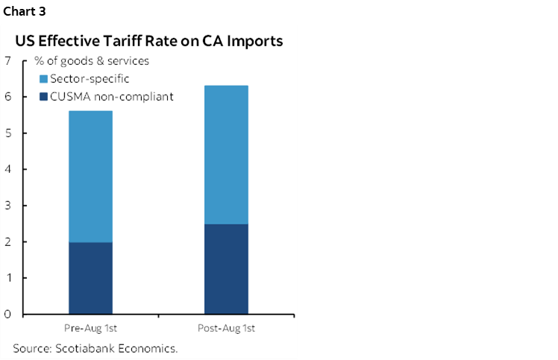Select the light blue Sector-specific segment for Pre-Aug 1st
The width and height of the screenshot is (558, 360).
coord(90,177)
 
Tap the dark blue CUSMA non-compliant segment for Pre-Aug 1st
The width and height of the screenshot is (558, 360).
coord(90,278)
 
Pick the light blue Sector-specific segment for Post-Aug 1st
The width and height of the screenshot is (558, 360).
coord(226,154)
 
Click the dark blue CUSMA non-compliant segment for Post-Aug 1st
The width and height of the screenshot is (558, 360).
coord(226,269)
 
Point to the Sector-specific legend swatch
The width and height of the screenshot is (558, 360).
coord(43,78)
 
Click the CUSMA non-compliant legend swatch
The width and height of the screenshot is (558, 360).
coord(43,97)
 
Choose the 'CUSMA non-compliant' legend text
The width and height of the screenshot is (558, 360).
coord(111,97)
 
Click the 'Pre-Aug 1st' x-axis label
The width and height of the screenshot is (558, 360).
coord(90,329)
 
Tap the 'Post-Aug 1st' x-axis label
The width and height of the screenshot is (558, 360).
coord(226,329)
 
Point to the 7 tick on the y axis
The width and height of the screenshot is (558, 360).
coord(7,60)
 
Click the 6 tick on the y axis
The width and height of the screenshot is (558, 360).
coord(7,97)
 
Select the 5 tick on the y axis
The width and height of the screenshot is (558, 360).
coord(7,133)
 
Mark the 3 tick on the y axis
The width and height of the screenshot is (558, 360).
coord(7,206)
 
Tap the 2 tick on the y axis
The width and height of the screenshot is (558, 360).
coord(7,241)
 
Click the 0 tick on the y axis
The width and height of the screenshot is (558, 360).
coord(7,314)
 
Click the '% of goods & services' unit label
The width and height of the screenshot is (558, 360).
coord(92,60)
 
